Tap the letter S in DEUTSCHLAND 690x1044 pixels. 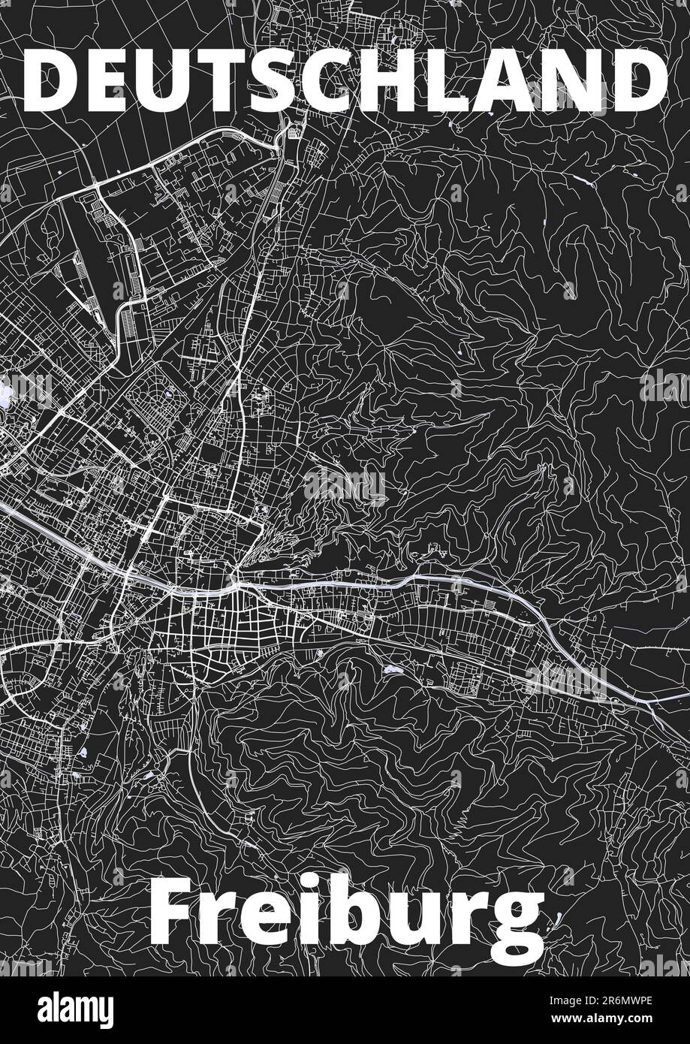point(282,80)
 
